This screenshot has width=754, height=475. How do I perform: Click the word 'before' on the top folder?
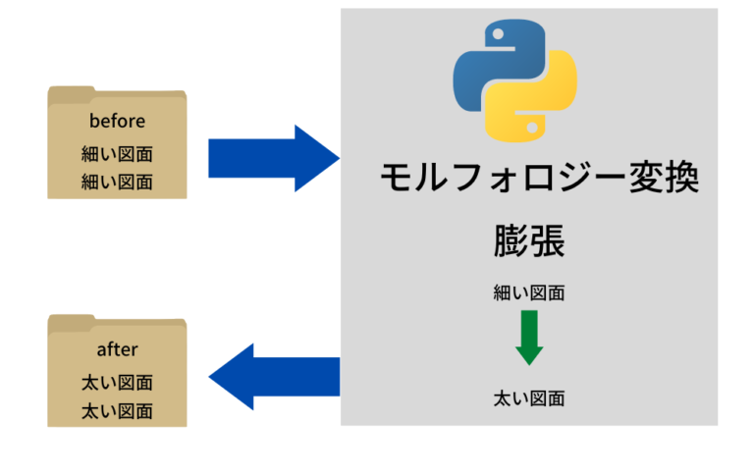117,122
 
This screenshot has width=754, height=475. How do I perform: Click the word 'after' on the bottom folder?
117,349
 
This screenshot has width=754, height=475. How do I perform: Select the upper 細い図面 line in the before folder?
117,154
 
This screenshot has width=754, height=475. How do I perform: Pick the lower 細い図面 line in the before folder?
117,182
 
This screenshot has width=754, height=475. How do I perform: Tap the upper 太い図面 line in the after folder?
117,383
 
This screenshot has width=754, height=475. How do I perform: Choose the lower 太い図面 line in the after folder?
117,410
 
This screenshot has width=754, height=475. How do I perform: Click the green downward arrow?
529,338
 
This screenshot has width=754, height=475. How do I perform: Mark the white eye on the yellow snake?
534,128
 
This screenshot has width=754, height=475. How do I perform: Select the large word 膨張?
529,241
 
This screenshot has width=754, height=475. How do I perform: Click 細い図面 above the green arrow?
529,292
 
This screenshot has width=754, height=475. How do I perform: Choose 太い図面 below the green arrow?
529,398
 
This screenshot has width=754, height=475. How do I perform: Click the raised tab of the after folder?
70,320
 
